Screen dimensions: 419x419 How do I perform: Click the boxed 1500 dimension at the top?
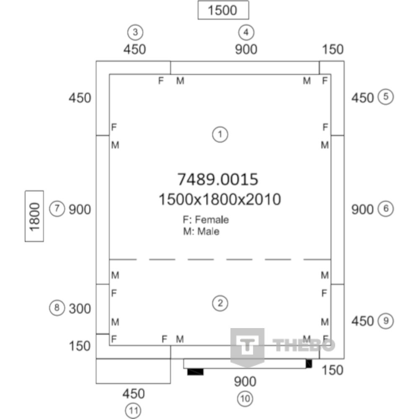pyautogui.click(x=223, y=10)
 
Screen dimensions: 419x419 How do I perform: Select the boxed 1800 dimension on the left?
pyautogui.click(x=34, y=216)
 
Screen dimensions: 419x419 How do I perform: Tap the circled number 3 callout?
pyautogui.click(x=135, y=32)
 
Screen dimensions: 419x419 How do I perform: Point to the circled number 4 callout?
pyautogui.click(x=246, y=32)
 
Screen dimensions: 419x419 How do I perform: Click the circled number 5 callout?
pyautogui.click(x=385, y=97)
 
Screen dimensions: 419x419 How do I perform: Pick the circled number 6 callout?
pyautogui.click(x=385, y=209)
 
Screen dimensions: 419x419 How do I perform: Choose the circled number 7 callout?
pyautogui.click(x=57, y=209)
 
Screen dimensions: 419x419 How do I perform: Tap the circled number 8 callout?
pyautogui.click(x=57, y=308)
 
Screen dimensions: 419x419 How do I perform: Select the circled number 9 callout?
pyautogui.click(x=385, y=321)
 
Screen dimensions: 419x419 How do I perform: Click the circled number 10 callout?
pyautogui.click(x=245, y=399)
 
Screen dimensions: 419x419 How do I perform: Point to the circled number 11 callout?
pyautogui.click(x=133, y=411)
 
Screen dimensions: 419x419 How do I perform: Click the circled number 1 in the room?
pyautogui.click(x=220, y=134)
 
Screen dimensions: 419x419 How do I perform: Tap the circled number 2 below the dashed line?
pyautogui.click(x=220, y=303)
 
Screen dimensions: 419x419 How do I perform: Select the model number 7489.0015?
pyautogui.click(x=218, y=179)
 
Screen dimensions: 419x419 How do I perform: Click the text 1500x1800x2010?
pyautogui.click(x=220, y=199)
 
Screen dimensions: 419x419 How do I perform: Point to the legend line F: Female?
pyautogui.click(x=206, y=220)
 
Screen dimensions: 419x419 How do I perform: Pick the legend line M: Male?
pyautogui.click(x=201, y=231)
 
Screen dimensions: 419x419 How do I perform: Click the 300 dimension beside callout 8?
pyautogui.click(x=80, y=309)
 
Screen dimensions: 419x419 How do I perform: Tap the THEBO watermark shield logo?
pyautogui.click(x=248, y=347)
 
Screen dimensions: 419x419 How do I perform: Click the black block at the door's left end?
pyautogui.click(x=195, y=372)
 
